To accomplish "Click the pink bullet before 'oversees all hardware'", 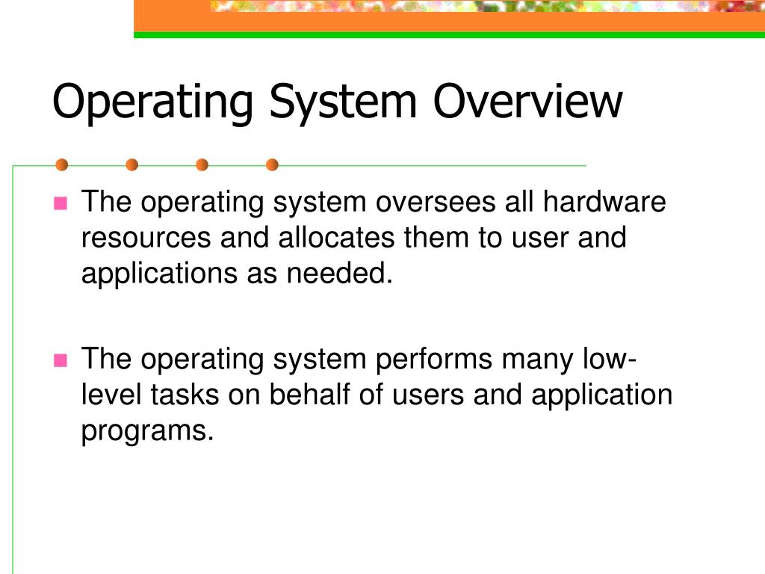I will tap(61, 203).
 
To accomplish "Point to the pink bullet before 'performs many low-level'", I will tap(61, 360).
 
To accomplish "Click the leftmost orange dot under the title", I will tap(61, 164).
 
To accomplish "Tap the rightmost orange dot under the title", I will tap(272, 164).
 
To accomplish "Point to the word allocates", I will tap(338, 238).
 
